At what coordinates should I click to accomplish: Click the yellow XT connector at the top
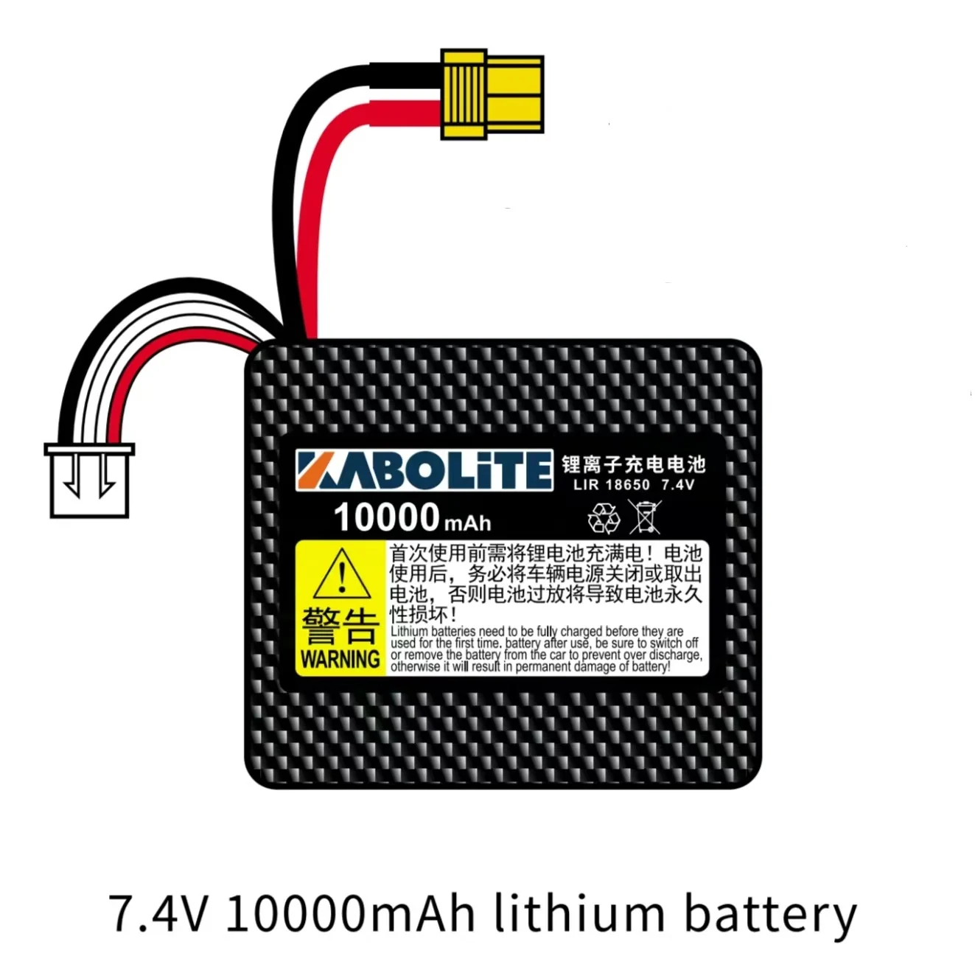click(x=492, y=94)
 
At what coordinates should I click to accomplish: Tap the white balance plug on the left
click(x=89, y=480)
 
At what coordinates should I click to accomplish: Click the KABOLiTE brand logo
click(x=424, y=470)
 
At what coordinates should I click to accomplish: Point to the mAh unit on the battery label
click(x=467, y=523)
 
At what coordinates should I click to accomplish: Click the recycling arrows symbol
click(x=604, y=518)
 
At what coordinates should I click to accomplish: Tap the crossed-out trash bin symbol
click(x=645, y=517)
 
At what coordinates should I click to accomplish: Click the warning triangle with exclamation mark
click(x=341, y=574)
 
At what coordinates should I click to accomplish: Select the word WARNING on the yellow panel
click(x=340, y=659)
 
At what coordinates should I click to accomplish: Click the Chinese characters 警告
click(x=340, y=626)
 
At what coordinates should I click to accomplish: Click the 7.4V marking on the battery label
click(x=678, y=485)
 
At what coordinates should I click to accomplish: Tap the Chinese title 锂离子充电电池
click(x=634, y=464)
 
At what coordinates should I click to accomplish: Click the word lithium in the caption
click(x=579, y=914)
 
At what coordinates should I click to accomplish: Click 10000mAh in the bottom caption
click(x=350, y=914)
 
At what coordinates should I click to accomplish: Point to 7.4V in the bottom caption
click(x=159, y=914)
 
